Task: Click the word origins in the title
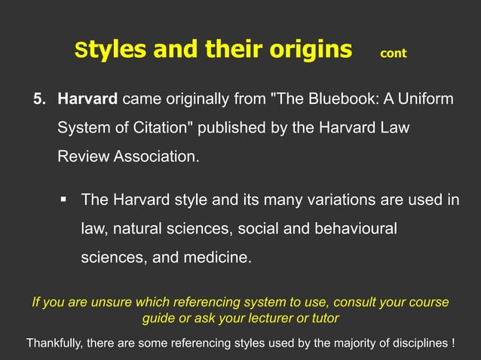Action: (308, 50)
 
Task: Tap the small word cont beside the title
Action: (394, 53)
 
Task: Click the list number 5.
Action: (38, 99)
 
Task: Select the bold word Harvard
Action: (87, 99)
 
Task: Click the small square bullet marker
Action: (65, 200)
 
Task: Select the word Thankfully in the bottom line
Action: (55, 343)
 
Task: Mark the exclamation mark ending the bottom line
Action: (452, 343)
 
